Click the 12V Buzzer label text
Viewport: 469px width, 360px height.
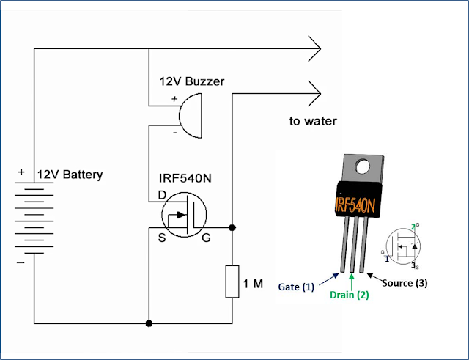(193, 81)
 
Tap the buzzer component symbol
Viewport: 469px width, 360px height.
(188, 118)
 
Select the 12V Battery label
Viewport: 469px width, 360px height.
(70, 175)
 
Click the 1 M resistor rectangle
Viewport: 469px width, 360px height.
(232, 282)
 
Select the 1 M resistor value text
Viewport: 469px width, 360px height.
(254, 283)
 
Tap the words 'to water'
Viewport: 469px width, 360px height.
(313, 121)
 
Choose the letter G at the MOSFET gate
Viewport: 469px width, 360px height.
(207, 238)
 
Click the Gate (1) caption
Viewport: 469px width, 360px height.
(297, 287)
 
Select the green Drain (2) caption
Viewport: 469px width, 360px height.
(353, 295)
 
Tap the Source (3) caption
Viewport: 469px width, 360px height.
(402, 283)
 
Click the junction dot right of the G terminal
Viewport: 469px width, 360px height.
(232, 228)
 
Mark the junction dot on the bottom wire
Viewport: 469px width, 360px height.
(149, 323)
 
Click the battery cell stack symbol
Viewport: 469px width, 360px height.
(34, 216)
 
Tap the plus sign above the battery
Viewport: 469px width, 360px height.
(21, 173)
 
